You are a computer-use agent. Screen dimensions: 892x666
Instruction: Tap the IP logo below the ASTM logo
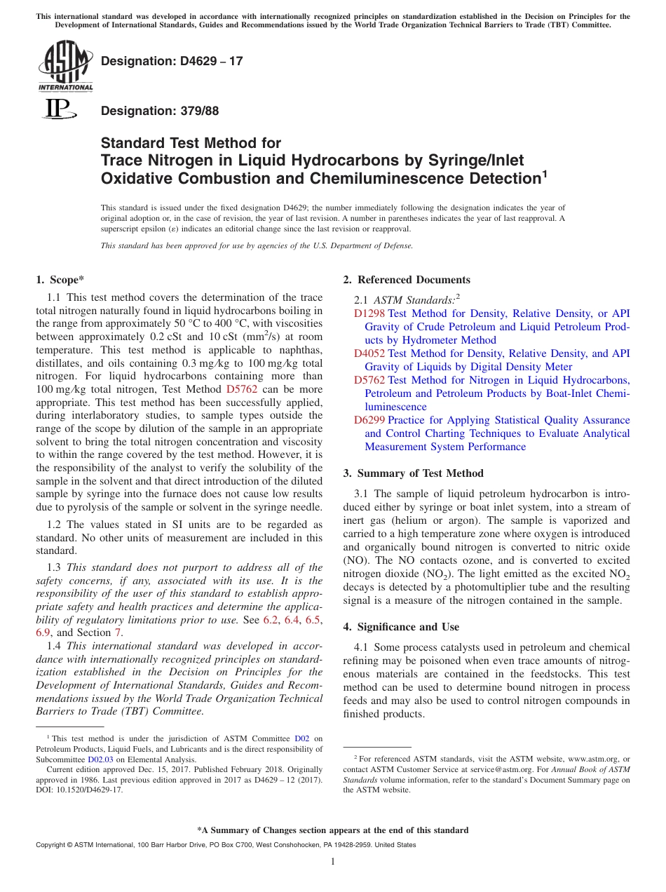(60, 109)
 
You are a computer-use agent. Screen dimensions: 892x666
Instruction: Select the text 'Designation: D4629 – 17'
(172, 61)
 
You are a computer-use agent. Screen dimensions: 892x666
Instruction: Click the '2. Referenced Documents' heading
(407, 279)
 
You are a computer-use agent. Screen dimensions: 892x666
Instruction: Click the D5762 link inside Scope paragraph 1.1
(242, 389)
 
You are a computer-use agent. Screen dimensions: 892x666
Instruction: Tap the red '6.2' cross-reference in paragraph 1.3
(270, 621)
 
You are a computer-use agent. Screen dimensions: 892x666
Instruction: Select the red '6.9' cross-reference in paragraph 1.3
(43, 634)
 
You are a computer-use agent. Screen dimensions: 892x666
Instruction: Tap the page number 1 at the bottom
(333, 861)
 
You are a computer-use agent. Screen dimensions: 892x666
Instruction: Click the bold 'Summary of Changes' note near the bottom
(333, 830)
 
